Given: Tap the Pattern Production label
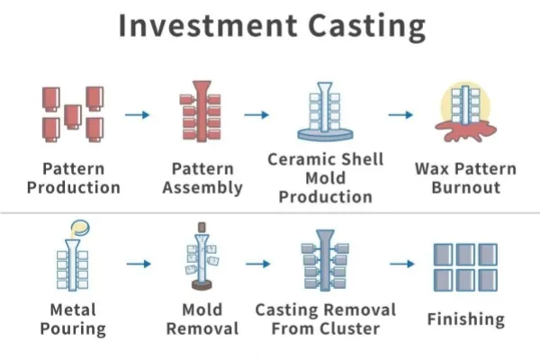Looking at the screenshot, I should click(x=73, y=178).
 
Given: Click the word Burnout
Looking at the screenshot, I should click(x=465, y=187).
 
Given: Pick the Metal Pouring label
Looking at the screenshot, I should click(x=73, y=319).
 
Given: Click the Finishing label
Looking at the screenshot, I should click(x=465, y=319).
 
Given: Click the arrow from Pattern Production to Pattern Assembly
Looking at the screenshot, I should click(x=138, y=114).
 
